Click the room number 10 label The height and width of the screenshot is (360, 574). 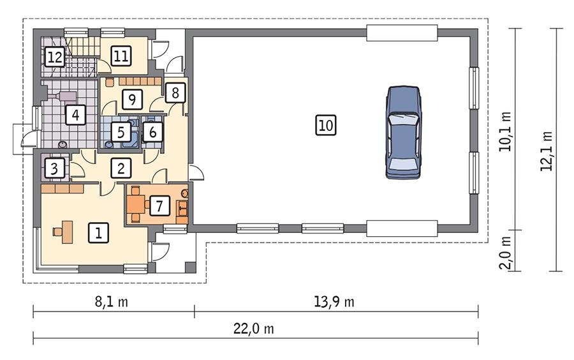(x=325, y=126)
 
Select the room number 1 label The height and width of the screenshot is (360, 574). (x=98, y=233)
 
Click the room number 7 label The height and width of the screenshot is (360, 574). (x=159, y=206)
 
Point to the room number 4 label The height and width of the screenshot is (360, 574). (x=75, y=116)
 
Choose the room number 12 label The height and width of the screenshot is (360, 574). (x=55, y=57)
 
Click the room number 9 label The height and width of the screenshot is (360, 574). (x=132, y=100)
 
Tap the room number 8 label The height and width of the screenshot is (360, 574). (x=175, y=93)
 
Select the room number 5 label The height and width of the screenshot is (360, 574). (x=121, y=132)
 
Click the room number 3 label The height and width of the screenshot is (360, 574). (x=55, y=169)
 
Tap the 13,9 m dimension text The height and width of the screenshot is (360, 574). (x=337, y=302)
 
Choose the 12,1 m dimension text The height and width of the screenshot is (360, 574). (x=546, y=151)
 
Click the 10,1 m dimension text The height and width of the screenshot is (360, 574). (x=506, y=130)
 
